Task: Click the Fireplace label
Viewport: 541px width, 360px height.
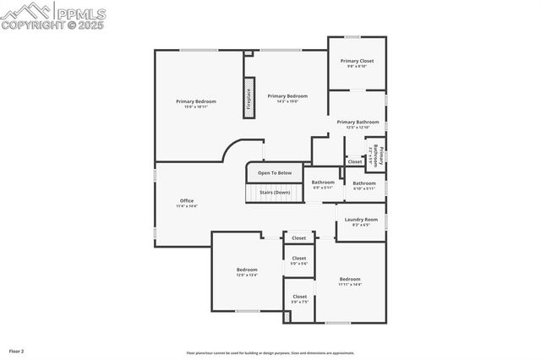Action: tap(249, 96)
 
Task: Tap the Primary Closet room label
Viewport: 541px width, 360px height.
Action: tap(357, 63)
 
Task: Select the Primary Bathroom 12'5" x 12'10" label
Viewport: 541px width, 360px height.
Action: tap(358, 123)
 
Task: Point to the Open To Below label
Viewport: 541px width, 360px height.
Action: tap(275, 172)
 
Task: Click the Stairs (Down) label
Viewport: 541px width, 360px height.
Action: tap(275, 192)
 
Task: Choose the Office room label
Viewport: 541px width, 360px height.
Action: tap(186, 202)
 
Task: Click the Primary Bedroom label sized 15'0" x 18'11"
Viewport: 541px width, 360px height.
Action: tap(196, 103)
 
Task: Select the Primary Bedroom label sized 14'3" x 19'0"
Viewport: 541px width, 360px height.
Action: tap(287, 98)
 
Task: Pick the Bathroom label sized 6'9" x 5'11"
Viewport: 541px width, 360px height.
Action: tap(323, 183)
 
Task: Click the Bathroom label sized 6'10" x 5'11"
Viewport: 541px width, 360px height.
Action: tap(364, 184)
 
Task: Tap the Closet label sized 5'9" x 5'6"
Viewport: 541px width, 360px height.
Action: tap(299, 260)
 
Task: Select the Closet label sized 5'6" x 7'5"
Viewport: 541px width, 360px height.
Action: tap(299, 298)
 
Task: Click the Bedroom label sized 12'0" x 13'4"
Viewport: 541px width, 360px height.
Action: tap(247, 271)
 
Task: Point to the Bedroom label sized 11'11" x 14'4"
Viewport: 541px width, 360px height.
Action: tap(350, 281)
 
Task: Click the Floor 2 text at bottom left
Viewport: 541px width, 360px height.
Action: tap(17, 350)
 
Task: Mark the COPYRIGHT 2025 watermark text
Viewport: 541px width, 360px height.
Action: tap(54, 25)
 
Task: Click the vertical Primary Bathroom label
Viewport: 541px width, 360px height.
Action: tap(377, 156)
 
